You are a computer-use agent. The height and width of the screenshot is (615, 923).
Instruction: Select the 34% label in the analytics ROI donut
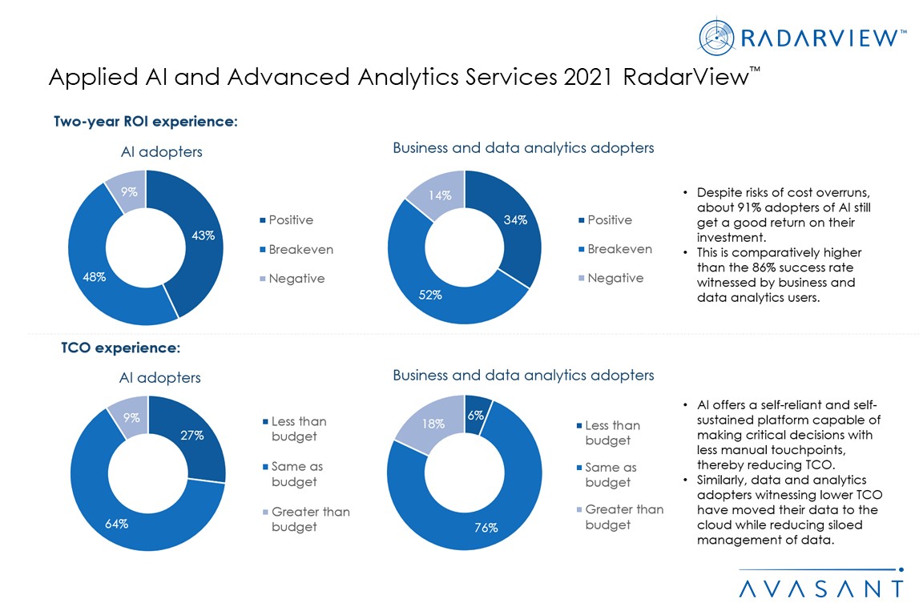tap(515, 220)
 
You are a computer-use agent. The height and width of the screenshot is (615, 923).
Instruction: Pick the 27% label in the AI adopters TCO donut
tap(192, 436)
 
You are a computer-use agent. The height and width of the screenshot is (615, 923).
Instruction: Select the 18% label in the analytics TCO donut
tap(433, 425)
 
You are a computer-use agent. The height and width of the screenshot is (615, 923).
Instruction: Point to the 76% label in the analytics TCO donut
tap(486, 528)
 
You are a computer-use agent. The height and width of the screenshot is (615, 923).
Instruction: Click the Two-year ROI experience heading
tap(146, 122)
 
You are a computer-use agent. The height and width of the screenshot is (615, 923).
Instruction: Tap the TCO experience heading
tap(120, 348)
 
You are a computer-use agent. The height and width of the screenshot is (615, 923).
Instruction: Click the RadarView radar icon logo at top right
tap(715, 36)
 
